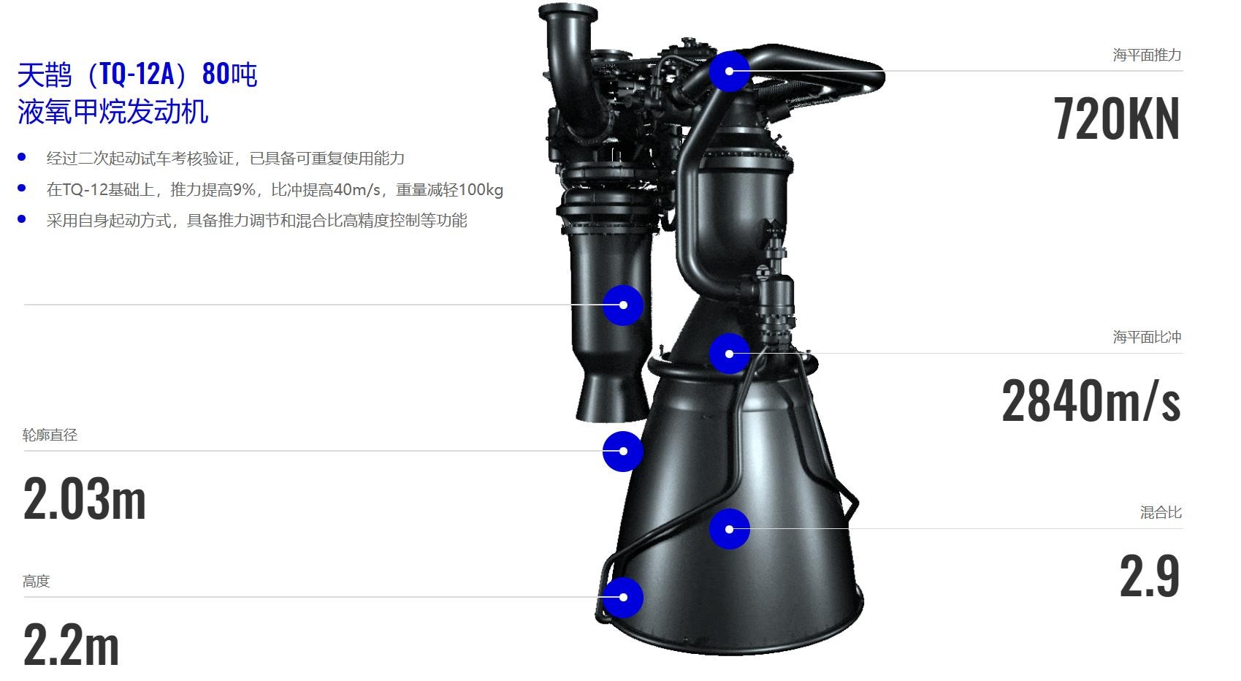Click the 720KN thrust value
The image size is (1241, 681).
pyautogui.click(x=1116, y=118)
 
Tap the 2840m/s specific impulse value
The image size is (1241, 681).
pyautogui.click(x=1091, y=400)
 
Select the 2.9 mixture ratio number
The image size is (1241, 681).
pyautogui.click(x=1150, y=577)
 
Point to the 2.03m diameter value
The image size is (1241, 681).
pyautogui.click(x=84, y=499)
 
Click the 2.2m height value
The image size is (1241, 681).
pyautogui.click(x=71, y=644)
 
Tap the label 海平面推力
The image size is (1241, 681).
pyautogui.click(x=1147, y=55)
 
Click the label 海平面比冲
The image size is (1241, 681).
pyautogui.click(x=1147, y=337)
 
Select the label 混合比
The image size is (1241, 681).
pyautogui.click(x=1161, y=512)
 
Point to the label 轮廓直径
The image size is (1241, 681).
pyautogui.click(x=50, y=435)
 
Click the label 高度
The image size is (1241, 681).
pyautogui.click(x=36, y=581)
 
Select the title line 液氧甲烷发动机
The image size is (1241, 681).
pyautogui.click(x=113, y=111)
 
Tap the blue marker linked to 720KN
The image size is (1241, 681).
pyautogui.click(x=730, y=72)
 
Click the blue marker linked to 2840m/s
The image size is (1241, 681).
pyautogui.click(x=730, y=354)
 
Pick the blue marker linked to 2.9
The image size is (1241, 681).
pyautogui.click(x=730, y=529)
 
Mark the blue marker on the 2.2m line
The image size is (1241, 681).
pyautogui.click(x=623, y=597)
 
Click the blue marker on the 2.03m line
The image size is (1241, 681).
pyautogui.click(x=623, y=452)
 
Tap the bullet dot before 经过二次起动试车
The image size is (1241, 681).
pyautogui.click(x=22, y=157)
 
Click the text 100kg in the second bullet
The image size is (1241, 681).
pyautogui.click(x=481, y=190)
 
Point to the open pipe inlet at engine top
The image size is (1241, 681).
pyautogui.click(x=568, y=12)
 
